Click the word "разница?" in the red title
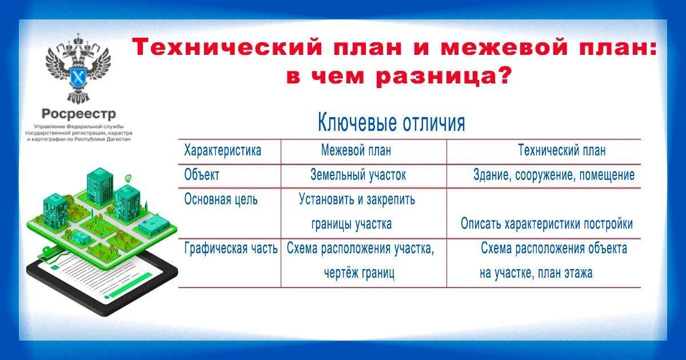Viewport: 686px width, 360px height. click(x=444, y=76)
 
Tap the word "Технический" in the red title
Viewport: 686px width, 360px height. click(x=228, y=47)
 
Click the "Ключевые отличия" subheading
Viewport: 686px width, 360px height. click(x=392, y=123)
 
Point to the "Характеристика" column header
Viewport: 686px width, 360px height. click(x=222, y=151)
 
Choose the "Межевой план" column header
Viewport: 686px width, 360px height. click(x=356, y=151)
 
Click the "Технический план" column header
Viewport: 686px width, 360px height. click(x=562, y=151)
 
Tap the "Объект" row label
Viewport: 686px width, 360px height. click(x=202, y=175)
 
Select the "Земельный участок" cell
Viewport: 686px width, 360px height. click(x=358, y=175)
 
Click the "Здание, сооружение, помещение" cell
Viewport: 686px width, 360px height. click(x=554, y=175)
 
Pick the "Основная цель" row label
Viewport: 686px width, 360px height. click(x=221, y=199)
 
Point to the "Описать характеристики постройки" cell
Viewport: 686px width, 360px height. click(x=547, y=224)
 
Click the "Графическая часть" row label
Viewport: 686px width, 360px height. click(x=231, y=248)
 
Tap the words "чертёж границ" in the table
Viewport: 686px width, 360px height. click(x=359, y=273)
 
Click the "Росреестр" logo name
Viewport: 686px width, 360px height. click(x=79, y=114)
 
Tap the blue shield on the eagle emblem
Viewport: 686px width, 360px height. click(x=78, y=77)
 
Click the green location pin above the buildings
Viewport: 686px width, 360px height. click(x=128, y=178)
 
